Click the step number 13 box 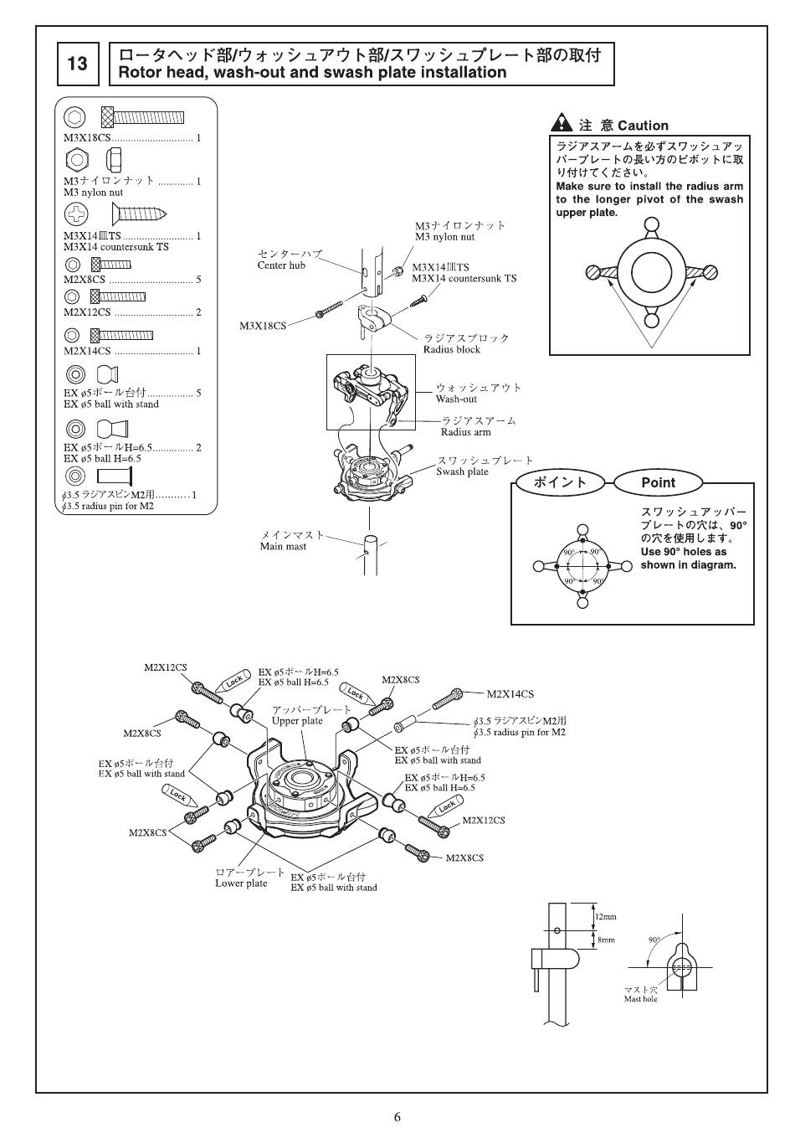coord(77,64)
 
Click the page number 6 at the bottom coord(397,1116)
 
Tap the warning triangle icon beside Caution coord(562,124)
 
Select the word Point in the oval coord(658,482)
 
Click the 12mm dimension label coord(605,917)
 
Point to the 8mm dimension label coord(605,940)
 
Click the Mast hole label coord(640,999)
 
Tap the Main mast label coord(283,547)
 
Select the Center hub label coord(281,265)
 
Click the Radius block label coord(451,349)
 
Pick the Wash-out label coord(456,399)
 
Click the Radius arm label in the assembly coord(465,432)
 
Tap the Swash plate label coord(462,471)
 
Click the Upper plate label coord(297,721)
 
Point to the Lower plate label coord(241,883)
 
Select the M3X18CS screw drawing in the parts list coord(142,116)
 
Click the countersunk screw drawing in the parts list coord(140,215)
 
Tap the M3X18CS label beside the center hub coord(263,326)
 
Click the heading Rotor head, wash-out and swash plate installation coord(312,73)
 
